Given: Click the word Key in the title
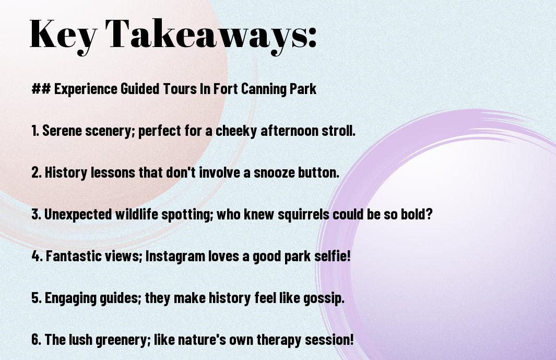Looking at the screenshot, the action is point(63,35).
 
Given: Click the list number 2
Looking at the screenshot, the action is point(37,172).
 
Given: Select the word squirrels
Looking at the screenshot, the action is point(303,214).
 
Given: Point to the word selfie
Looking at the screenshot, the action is point(332,256).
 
